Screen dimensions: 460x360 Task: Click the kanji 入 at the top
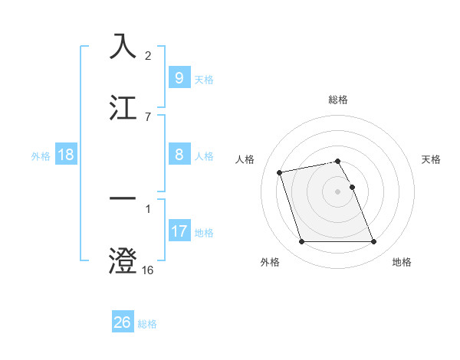(x=123, y=46)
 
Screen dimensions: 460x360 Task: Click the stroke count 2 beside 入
(x=148, y=56)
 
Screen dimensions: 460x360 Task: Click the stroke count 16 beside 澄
(x=148, y=270)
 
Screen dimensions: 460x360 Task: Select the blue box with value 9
(x=179, y=77)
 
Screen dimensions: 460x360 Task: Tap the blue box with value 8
(x=179, y=155)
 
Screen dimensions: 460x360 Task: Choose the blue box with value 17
(x=179, y=231)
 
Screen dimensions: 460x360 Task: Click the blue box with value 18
(x=66, y=155)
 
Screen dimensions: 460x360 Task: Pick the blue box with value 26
(x=122, y=322)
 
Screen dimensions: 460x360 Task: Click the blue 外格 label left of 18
(x=41, y=156)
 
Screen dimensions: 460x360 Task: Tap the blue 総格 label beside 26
(x=147, y=324)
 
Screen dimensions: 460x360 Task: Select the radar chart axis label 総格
(x=338, y=100)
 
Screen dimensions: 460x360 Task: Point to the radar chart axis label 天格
(x=432, y=159)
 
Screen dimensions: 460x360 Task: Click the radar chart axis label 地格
(x=402, y=262)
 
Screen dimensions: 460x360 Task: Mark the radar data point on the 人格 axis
(x=280, y=172)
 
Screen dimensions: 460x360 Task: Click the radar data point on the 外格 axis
(x=301, y=242)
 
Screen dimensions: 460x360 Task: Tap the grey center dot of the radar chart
(x=338, y=191)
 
